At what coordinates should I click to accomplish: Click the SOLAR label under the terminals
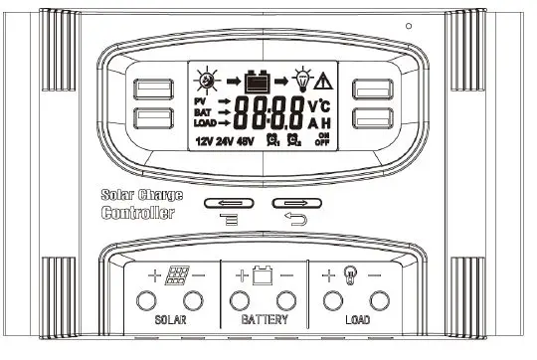(x=171, y=321)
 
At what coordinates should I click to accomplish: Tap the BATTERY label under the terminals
(x=265, y=321)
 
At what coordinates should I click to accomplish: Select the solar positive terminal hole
(x=147, y=299)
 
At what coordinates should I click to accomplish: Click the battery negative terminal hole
(x=286, y=299)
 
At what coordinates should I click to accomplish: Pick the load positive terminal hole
(x=332, y=299)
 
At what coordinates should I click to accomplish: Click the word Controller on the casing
(x=139, y=213)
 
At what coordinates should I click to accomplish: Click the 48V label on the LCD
(x=242, y=141)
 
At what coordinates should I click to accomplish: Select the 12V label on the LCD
(x=205, y=141)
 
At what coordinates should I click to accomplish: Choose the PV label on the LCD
(x=199, y=102)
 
